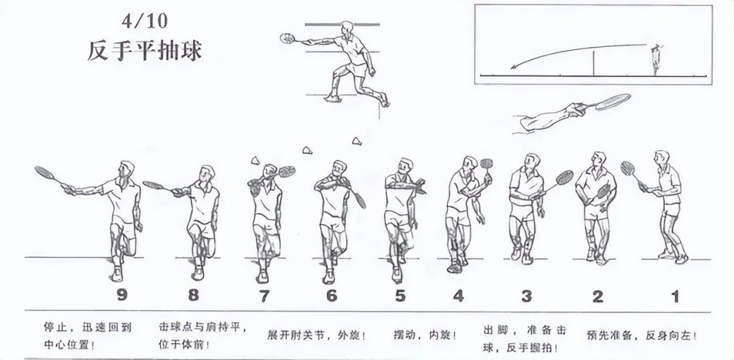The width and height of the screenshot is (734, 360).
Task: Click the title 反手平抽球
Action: click(144, 51)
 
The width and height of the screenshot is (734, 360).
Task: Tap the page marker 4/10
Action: click(144, 21)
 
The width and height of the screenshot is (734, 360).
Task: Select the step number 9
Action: click(122, 295)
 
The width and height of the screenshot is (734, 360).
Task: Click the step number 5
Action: click(400, 296)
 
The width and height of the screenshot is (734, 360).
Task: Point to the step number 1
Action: click(675, 296)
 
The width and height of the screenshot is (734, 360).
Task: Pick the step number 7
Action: click(264, 296)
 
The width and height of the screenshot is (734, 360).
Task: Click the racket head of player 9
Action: click(44, 173)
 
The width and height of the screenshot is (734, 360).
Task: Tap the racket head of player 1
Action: click(627, 168)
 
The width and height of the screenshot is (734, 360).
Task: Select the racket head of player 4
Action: click(487, 164)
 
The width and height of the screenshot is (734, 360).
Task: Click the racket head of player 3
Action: click(565, 177)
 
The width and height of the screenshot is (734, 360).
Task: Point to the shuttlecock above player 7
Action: click(255, 160)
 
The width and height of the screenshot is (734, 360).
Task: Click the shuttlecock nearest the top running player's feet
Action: click(357, 141)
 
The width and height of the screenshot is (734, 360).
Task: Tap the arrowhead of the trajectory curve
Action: click(513, 67)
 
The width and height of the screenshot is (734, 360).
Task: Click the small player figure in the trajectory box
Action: click(657, 59)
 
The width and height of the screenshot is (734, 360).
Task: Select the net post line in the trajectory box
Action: click(593, 63)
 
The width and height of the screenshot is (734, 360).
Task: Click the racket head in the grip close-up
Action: click(613, 102)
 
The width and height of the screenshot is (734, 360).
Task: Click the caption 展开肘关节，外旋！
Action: click(317, 336)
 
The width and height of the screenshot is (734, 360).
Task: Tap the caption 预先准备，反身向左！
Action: click(642, 336)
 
